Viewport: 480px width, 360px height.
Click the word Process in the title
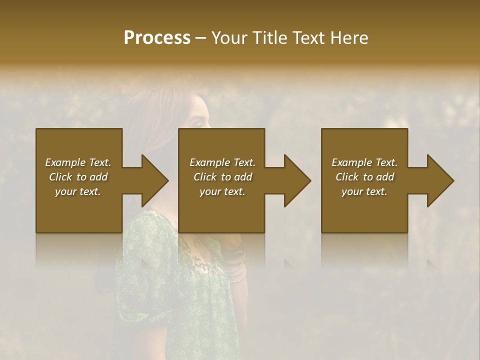[x=157, y=38]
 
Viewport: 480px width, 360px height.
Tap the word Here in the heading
[x=349, y=38]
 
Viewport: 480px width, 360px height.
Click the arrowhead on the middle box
[x=297, y=180]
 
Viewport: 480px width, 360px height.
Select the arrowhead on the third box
[x=440, y=180]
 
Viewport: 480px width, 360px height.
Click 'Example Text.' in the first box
[x=78, y=162]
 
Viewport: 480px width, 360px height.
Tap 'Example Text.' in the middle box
[x=222, y=162]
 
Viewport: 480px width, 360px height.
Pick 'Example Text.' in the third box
[x=364, y=162]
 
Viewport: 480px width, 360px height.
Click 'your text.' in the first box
[x=78, y=191]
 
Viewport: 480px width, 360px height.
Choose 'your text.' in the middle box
[x=222, y=191]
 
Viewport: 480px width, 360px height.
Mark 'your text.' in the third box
[x=364, y=191]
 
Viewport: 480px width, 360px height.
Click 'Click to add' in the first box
[x=78, y=177]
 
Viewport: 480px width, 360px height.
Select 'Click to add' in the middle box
[x=222, y=177]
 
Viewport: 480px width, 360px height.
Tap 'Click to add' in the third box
[x=364, y=177]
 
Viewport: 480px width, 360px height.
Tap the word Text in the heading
[x=308, y=38]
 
